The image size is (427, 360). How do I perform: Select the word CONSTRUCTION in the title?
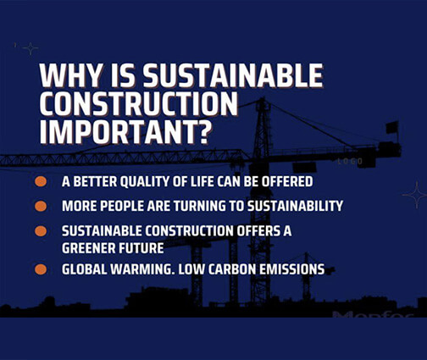(139, 105)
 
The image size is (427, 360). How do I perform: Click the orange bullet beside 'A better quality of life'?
(41, 181)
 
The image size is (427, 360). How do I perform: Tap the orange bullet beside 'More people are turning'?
(41, 206)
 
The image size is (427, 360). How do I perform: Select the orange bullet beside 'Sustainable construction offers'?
(41, 230)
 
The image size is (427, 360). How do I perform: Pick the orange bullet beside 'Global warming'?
(41, 269)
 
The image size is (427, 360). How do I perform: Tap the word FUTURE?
(143, 248)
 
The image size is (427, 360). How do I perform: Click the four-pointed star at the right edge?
(414, 195)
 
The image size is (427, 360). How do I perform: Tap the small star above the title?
(30, 48)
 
